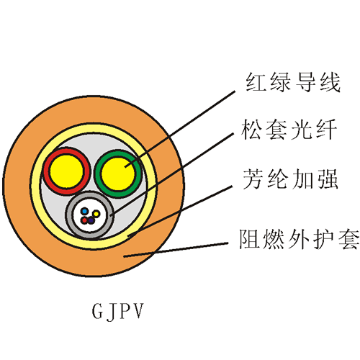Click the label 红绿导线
click(x=293, y=82)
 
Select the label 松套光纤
click(x=289, y=130)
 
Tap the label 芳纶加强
click(x=291, y=179)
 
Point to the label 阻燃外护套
click(x=300, y=239)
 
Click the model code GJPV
click(x=118, y=311)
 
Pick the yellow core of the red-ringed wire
click(x=67, y=171)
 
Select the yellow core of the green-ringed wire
click(x=118, y=174)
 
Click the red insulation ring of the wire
click(x=46, y=171)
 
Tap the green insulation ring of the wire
click(x=98, y=174)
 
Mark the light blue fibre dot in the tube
click(x=84, y=212)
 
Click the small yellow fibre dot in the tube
click(x=96, y=213)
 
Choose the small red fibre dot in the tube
click(x=84, y=220)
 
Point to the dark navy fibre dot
click(x=91, y=220)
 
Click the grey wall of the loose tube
click(x=69, y=215)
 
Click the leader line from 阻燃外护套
click(x=176, y=250)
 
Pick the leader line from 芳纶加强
click(x=180, y=211)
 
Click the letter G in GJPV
click(x=97, y=311)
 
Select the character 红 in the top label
click(x=256, y=82)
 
